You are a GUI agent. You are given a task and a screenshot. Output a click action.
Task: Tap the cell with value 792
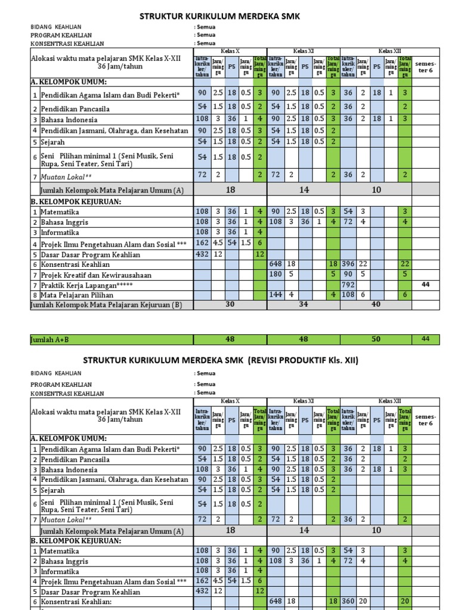[x=348, y=285]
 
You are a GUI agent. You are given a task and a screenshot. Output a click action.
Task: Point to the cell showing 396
[x=349, y=264]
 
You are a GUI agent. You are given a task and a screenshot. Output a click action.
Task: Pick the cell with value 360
[x=349, y=602]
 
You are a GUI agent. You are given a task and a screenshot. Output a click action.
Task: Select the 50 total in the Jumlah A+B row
[x=376, y=340]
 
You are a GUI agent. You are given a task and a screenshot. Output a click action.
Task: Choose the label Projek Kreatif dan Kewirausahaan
[x=96, y=275]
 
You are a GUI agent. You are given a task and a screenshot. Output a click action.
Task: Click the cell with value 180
[x=276, y=275]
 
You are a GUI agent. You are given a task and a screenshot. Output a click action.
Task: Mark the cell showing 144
[x=276, y=295]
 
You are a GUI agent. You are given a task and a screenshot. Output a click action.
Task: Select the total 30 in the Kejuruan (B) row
[x=230, y=304]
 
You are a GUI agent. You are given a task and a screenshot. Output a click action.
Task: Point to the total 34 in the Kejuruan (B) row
[x=303, y=304]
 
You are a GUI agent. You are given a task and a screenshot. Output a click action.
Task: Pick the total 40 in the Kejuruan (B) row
[x=376, y=304]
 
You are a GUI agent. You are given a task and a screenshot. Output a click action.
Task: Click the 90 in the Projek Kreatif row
[x=349, y=275]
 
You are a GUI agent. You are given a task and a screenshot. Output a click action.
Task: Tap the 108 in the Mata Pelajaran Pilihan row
[x=349, y=295]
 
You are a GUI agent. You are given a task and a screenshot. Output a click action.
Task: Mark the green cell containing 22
[x=405, y=264]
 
